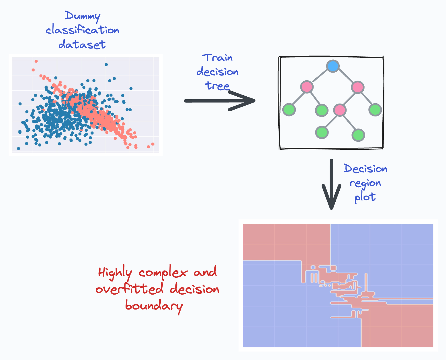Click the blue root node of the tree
(333, 66)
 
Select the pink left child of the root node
(307, 87)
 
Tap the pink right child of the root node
(358, 87)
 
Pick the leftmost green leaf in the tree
(289, 110)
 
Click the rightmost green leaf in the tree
(375, 110)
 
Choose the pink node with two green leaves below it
(340, 110)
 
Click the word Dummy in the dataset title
(83, 16)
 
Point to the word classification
(83, 30)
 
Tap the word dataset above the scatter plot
(82, 44)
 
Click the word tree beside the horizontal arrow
(218, 86)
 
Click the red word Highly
(115, 273)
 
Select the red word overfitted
(130, 289)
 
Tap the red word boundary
(154, 306)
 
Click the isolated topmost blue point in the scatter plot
(106, 65)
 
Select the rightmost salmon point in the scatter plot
(153, 144)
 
